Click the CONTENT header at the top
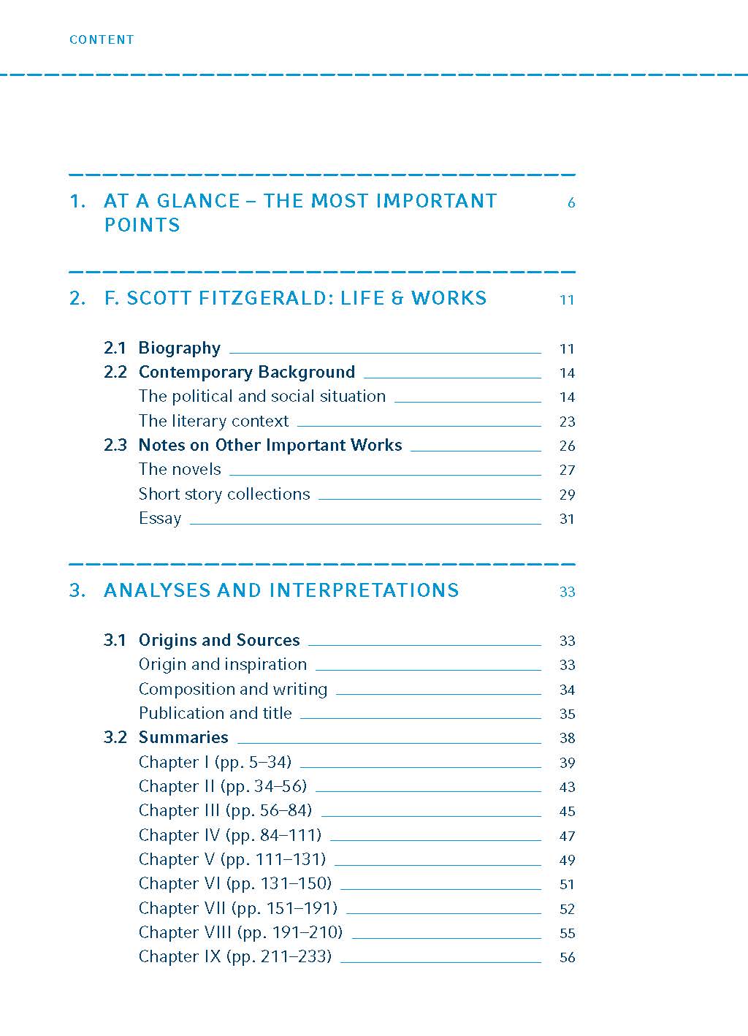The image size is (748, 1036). click(x=102, y=40)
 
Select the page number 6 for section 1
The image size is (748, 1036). click(x=571, y=203)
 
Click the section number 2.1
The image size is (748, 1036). click(x=115, y=348)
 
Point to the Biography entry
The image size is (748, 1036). click(x=179, y=348)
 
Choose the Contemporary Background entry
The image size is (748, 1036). click(x=246, y=373)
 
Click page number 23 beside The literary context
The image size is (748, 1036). click(x=567, y=422)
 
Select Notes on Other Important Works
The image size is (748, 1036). click(x=270, y=446)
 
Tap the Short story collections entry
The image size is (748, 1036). click(x=224, y=495)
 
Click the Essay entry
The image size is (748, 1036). click(x=160, y=519)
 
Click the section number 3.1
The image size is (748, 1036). click(x=115, y=641)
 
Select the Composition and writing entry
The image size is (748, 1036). click(x=233, y=690)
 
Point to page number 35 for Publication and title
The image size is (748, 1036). click(x=567, y=714)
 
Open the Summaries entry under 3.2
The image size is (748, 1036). click(x=183, y=738)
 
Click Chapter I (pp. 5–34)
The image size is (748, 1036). click(x=215, y=763)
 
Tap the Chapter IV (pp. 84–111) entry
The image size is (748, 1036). click(x=230, y=836)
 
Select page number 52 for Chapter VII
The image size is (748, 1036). click(x=567, y=909)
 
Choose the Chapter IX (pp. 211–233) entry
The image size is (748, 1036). click(x=235, y=957)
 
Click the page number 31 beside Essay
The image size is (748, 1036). click(x=567, y=519)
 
